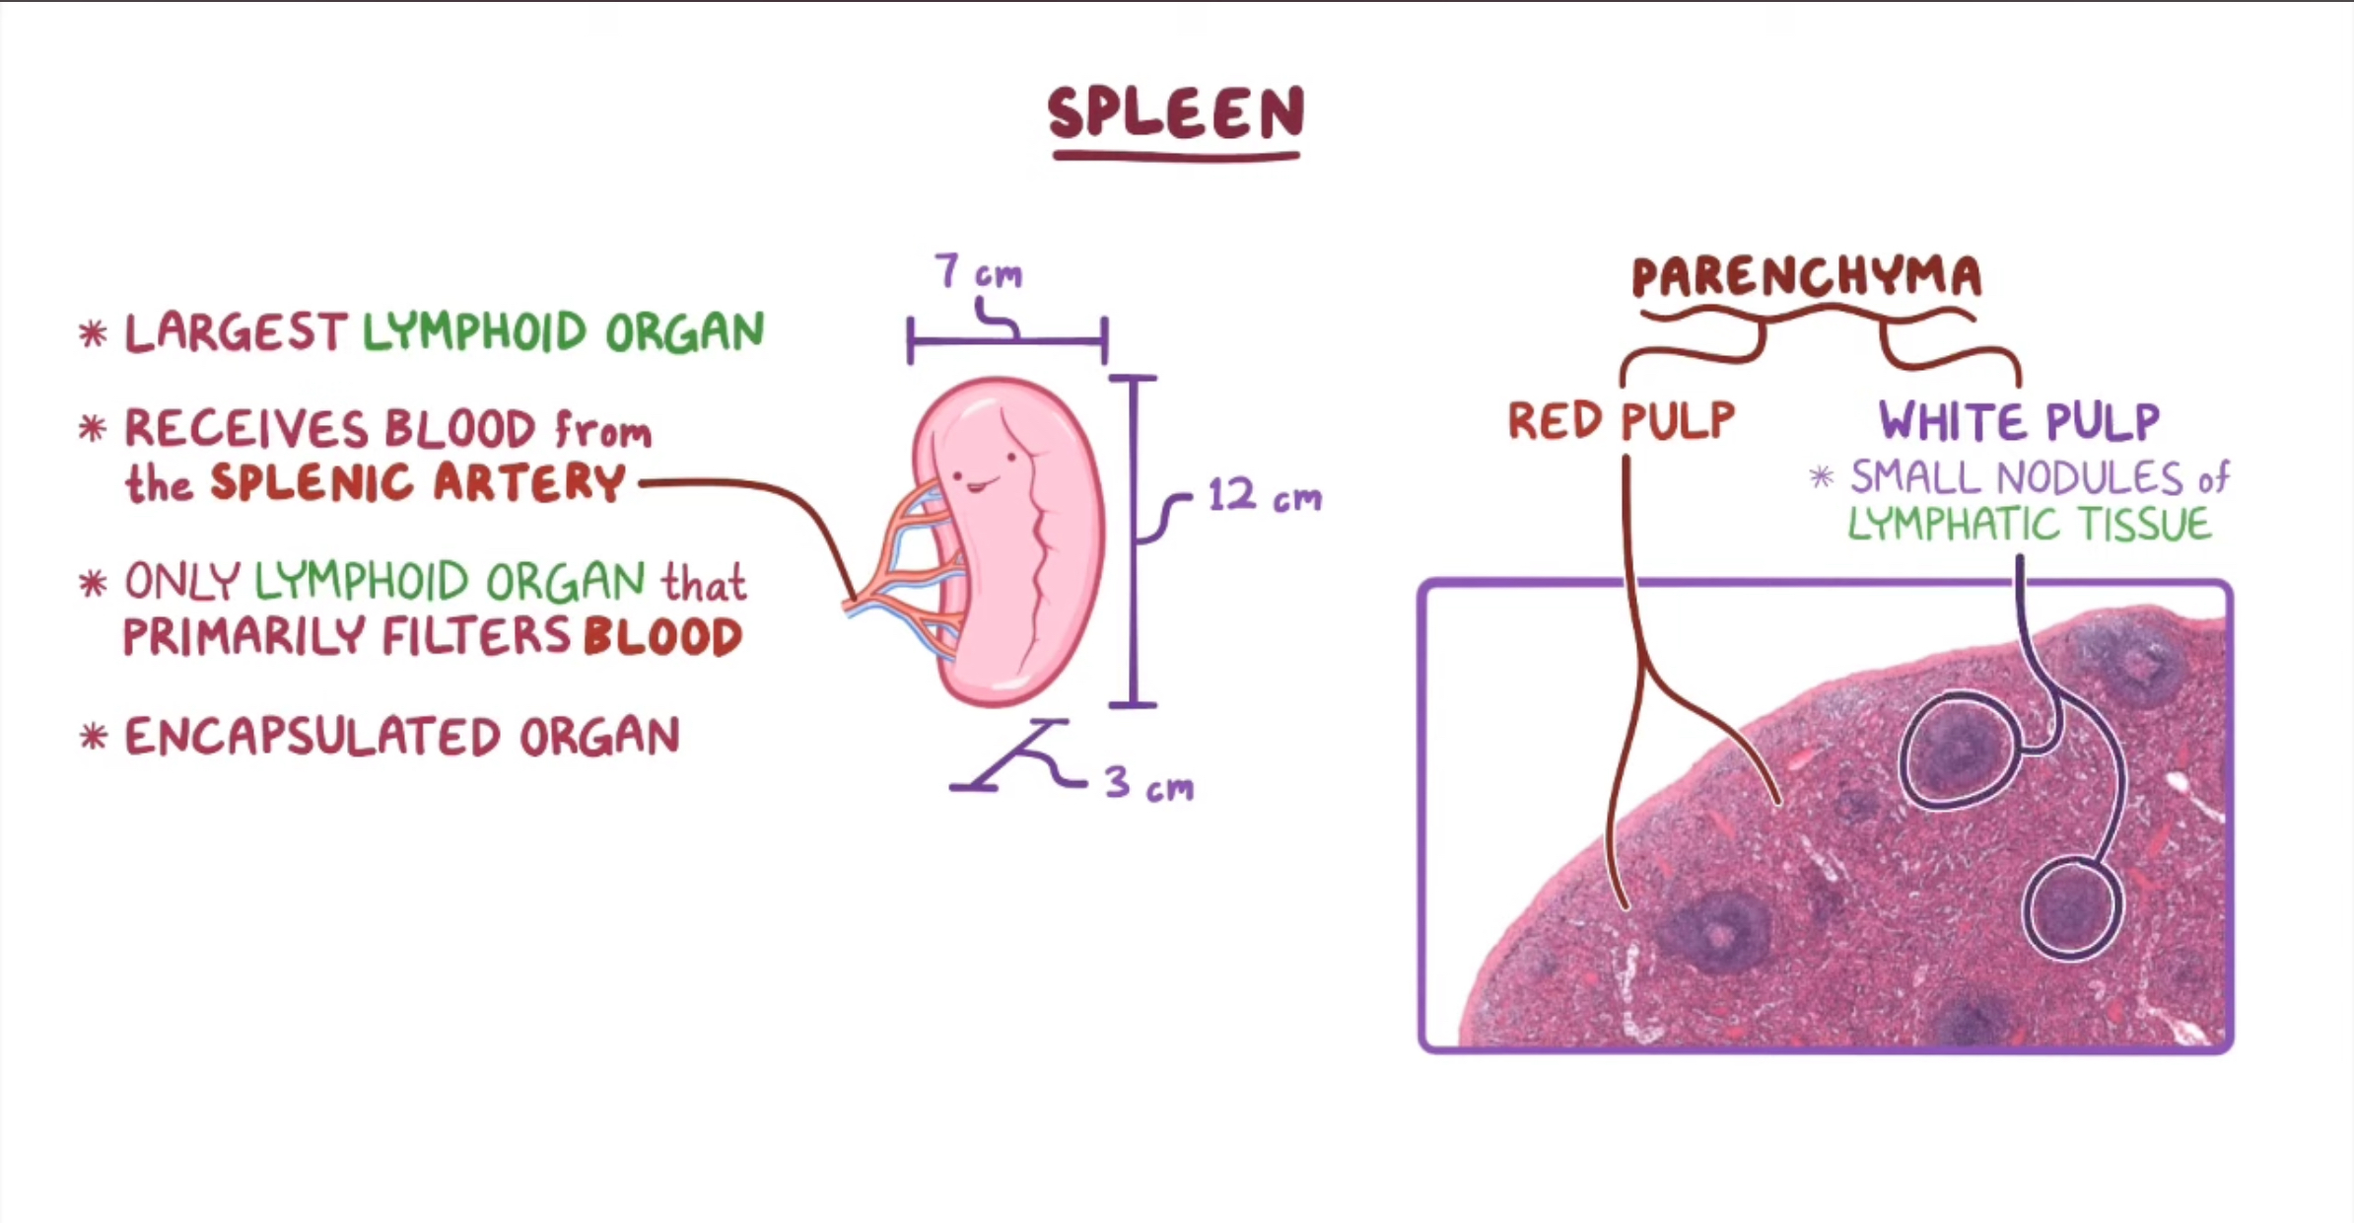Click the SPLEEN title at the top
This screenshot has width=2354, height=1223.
[x=1176, y=112]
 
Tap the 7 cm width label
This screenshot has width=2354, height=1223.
[x=978, y=271]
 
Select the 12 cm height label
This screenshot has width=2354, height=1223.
[x=1264, y=496]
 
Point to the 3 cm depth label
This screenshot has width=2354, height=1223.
[x=1148, y=784]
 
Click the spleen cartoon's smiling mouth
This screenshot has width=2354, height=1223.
[x=978, y=485]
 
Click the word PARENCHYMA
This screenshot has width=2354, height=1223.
[x=1806, y=277]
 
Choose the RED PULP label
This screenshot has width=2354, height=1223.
[x=1621, y=421]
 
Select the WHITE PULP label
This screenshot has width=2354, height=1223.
[x=2019, y=422]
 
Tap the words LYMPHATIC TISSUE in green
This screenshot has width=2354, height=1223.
[x=2029, y=524]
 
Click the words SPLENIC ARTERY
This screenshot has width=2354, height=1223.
[x=418, y=483]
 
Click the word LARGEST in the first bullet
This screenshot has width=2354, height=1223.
[x=235, y=332]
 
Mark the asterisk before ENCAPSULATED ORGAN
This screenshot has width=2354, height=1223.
[x=93, y=737]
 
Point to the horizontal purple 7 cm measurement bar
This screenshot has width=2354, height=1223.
[x=1006, y=341]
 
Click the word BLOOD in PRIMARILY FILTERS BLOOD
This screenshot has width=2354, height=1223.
[x=662, y=636]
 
